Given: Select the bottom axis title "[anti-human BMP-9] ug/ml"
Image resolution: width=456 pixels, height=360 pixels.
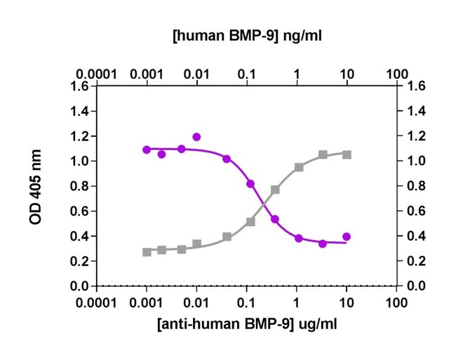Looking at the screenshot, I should point(247,326).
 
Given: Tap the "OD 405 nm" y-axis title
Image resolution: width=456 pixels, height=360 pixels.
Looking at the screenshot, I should point(35,187).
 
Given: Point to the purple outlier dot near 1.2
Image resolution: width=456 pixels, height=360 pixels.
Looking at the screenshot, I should point(196,137).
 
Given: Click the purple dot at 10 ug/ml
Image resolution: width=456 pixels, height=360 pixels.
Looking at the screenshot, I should point(347,236).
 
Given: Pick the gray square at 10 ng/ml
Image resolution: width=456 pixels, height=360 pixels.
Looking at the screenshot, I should point(347,154).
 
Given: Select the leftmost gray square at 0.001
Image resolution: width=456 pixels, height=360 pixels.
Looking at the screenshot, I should point(147,252).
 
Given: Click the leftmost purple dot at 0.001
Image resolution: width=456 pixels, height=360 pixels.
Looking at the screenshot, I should point(147,149).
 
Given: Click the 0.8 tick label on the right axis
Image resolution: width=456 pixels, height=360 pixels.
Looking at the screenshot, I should point(415,187).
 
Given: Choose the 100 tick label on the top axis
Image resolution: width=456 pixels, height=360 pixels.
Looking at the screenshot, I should point(397,73).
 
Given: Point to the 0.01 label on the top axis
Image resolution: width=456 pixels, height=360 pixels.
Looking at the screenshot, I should point(196,73).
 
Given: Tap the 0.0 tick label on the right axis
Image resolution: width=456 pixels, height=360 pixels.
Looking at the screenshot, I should point(415,286).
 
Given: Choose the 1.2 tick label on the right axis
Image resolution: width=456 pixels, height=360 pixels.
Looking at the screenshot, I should point(415,137).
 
